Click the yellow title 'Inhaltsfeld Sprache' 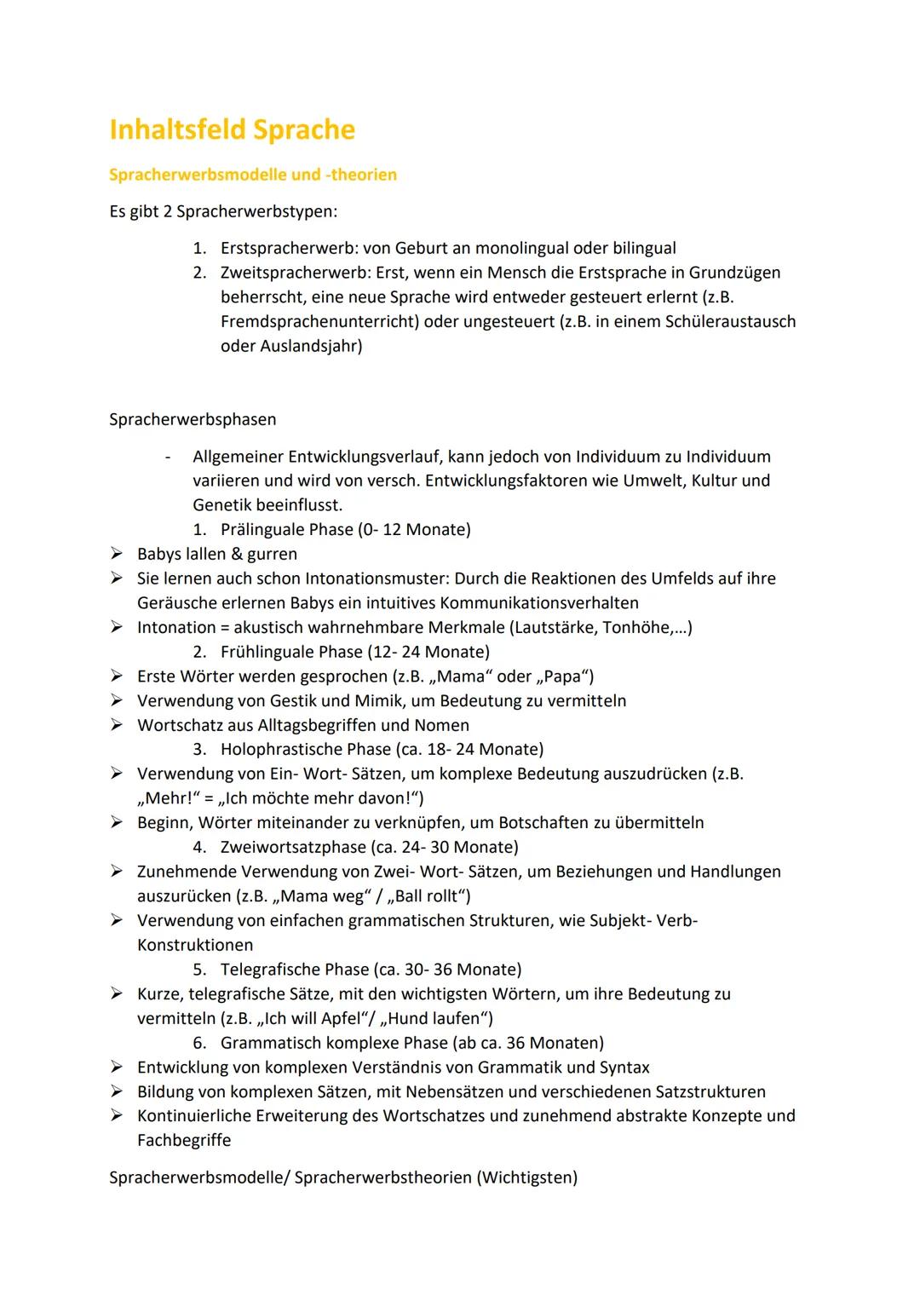[x=232, y=130]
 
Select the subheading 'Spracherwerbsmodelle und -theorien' [x=252, y=175]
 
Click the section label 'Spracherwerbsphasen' [x=193, y=420]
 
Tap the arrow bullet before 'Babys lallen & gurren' [x=117, y=555]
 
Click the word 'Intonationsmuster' [x=371, y=579]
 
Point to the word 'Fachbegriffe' [x=184, y=1141]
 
